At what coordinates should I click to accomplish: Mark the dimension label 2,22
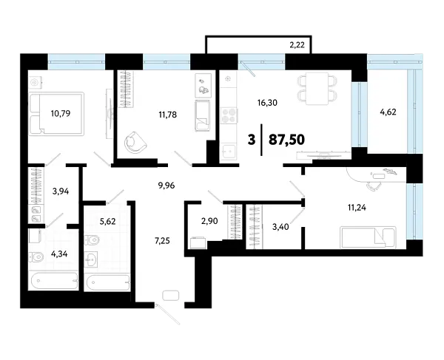pyautogui.click(x=297, y=46)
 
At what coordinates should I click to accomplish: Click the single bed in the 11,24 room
pyautogui.click(x=366, y=237)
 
